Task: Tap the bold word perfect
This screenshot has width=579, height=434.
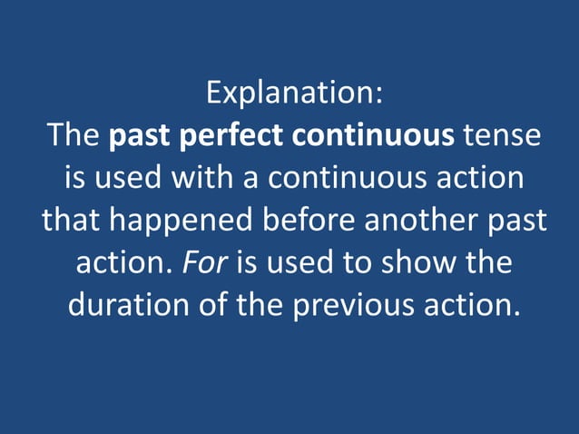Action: pos(232,136)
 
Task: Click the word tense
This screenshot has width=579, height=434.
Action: pos(502,136)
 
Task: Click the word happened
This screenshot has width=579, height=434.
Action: pos(168,220)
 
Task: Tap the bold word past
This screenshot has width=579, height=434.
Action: pos(141,136)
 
